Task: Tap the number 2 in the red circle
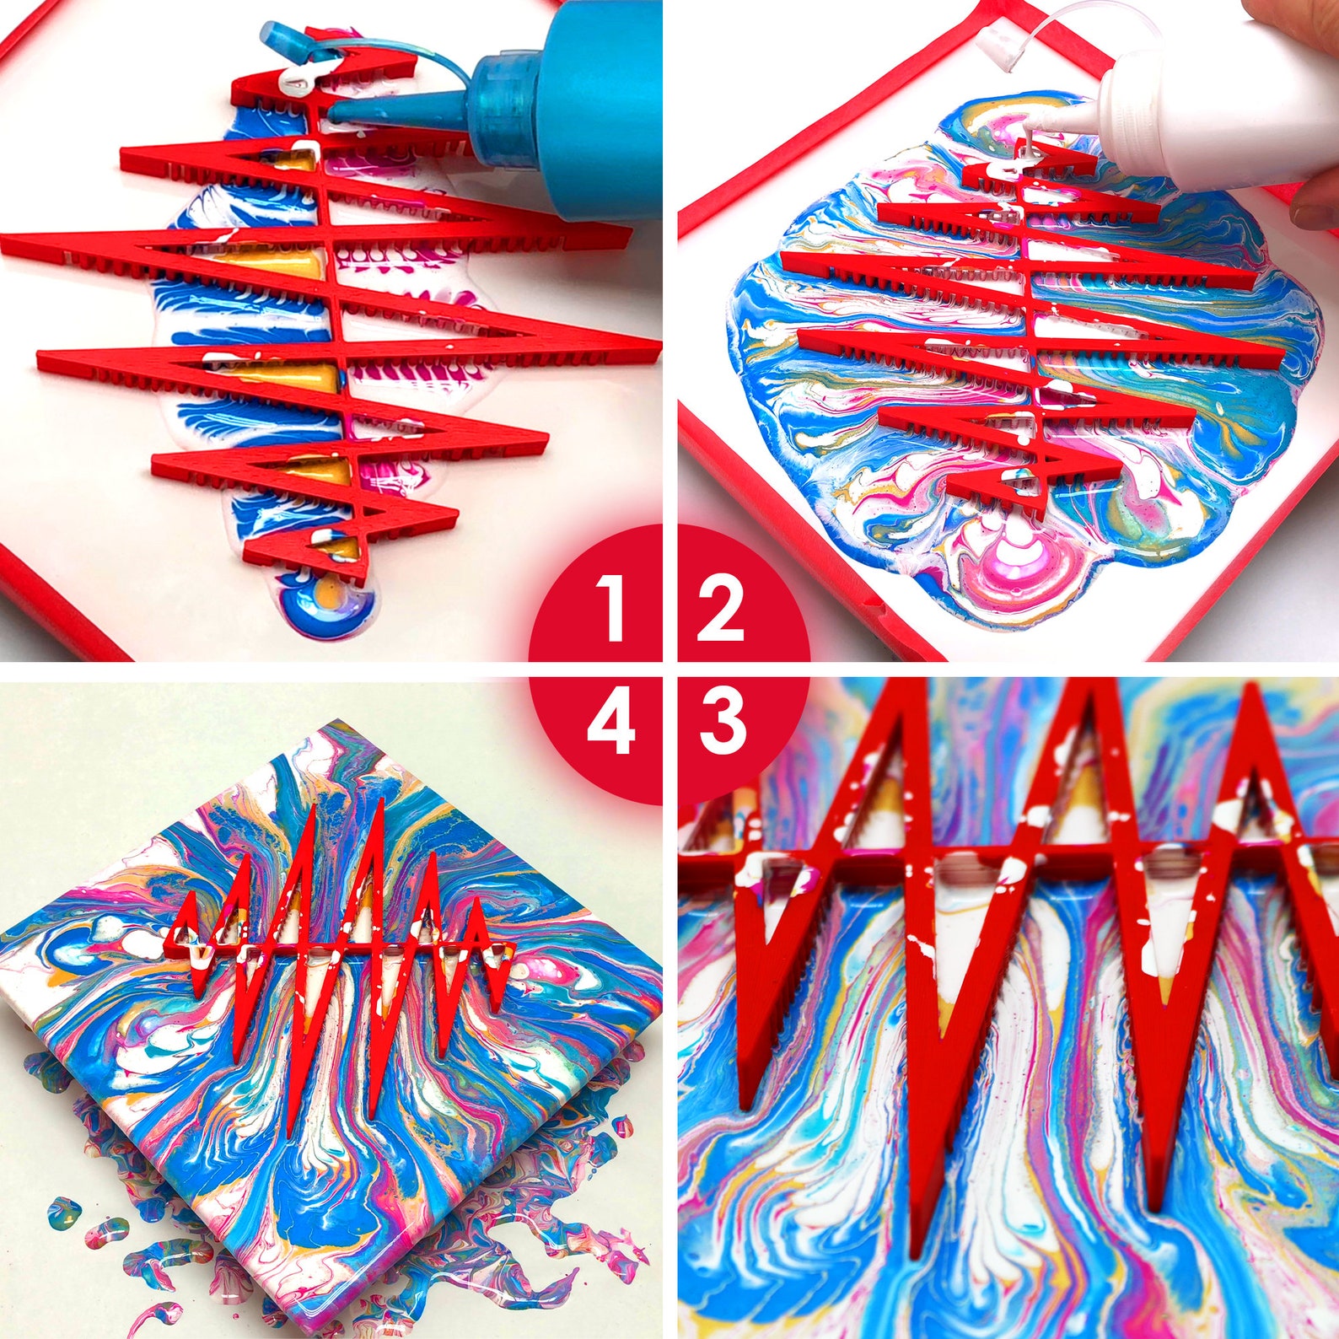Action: pos(720,607)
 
